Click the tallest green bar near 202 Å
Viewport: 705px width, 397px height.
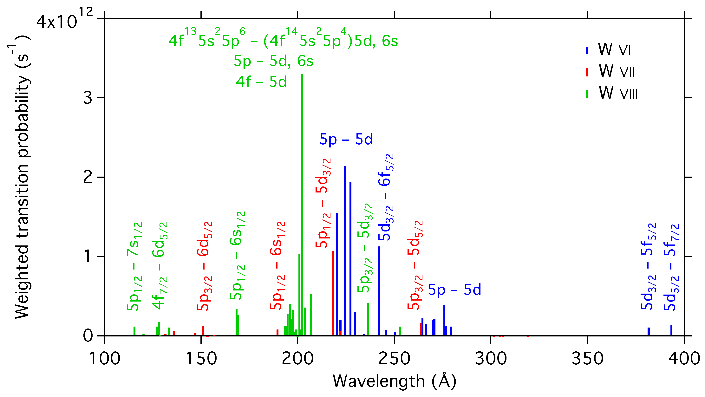[x=302, y=205]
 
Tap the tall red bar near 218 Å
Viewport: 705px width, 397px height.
[x=333, y=293]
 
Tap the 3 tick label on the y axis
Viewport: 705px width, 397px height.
[x=88, y=98]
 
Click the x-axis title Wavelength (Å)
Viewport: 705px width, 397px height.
[x=394, y=381]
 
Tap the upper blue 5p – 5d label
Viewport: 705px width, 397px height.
[x=346, y=139]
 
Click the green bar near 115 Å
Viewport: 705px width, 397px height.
[x=134, y=331]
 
